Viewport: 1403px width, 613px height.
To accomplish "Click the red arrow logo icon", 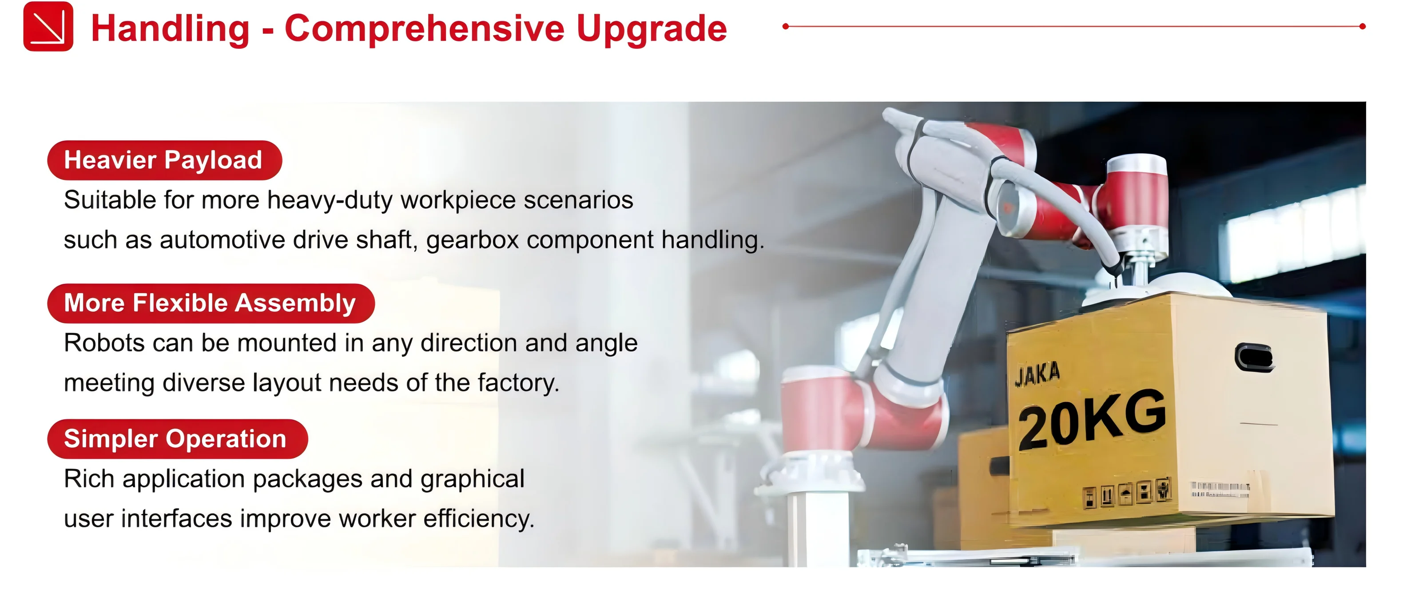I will coord(48,26).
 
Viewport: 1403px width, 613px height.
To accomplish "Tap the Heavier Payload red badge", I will coord(164,160).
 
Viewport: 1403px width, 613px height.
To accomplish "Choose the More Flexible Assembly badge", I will coord(210,303).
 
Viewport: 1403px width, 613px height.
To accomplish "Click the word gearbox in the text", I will coord(472,240).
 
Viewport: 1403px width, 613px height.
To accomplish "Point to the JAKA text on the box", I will coord(1037,374).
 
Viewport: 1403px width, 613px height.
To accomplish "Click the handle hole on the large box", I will coord(1254,358).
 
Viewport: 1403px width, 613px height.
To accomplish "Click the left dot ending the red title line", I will coord(785,26).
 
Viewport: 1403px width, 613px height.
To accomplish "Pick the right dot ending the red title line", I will coord(1362,26).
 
